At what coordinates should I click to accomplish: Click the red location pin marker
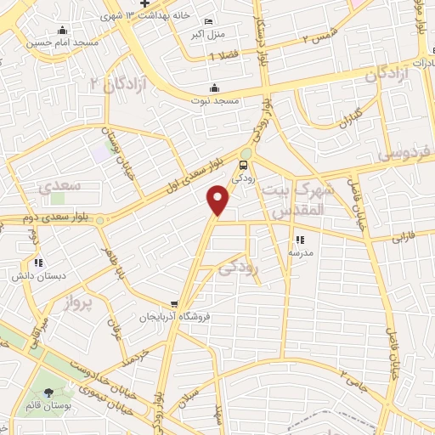point(219,201)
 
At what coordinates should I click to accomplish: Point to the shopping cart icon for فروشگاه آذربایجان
point(174,304)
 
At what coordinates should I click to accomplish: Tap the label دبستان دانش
point(35,275)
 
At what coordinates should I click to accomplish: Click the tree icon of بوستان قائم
point(48,392)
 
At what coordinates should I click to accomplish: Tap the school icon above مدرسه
point(299,240)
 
